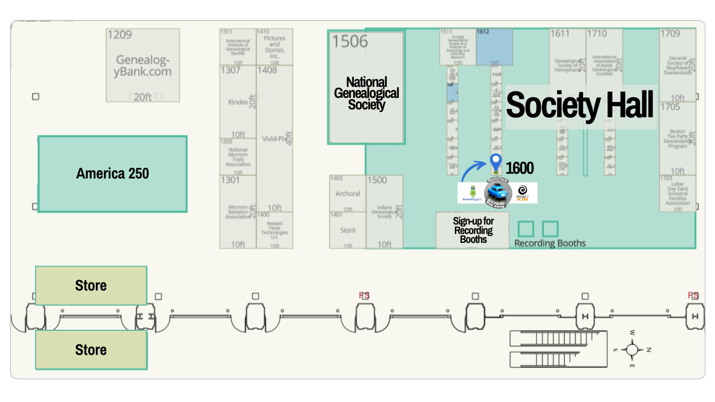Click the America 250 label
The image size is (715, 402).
(x=113, y=174)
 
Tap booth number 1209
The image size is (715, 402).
(x=120, y=35)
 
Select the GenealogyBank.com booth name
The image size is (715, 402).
(x=143, y=65)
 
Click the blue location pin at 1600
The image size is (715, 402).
(x=495, y=163)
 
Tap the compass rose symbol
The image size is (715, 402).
(x=632, y=349)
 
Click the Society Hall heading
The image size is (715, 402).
(x=580, y=105)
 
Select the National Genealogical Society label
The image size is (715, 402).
(x=366, y=93)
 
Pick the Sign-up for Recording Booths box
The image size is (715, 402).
(x=473, y=230)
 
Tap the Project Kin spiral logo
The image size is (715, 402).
(x=522, y=193)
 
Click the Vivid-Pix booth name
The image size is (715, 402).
(x=274, y=139)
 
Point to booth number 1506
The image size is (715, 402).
(x=350, y=41)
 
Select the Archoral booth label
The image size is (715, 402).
(x=348, y=194)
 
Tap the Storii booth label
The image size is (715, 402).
(x=348, y=230)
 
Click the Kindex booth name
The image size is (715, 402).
(x=238, y=102)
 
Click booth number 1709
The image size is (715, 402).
(x=670, y=33)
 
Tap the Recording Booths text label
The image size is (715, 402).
(x=550, y=243)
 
